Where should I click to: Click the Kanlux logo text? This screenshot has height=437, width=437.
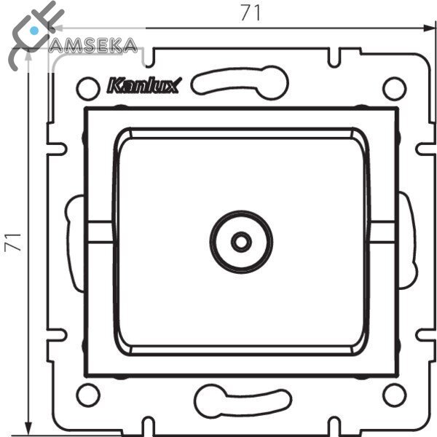pyautogui.click(x=144, y=85)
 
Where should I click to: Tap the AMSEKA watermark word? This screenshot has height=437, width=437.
pyautogui.click(x=92, y=45)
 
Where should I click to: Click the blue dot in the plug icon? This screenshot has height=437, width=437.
pyautogui.click(x=34, y=30)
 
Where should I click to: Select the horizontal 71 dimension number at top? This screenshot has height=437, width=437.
pyautogui.click(x=251, y=13)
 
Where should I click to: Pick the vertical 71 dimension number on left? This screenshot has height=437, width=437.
pyautogui.click(x=13, y=243)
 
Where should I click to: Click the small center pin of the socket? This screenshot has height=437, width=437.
pyautogui.click(x=241, y=242)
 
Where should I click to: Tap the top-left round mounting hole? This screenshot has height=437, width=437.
pyautogui.click(x=88, y=88)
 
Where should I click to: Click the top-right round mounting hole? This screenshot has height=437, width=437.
pyautogui.click(x=394, y=88)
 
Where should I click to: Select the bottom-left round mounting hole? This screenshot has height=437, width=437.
pyautogui.click(x=88, y=395)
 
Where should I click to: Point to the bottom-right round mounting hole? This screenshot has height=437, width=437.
pyautogui.click(x=394, y=395)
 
